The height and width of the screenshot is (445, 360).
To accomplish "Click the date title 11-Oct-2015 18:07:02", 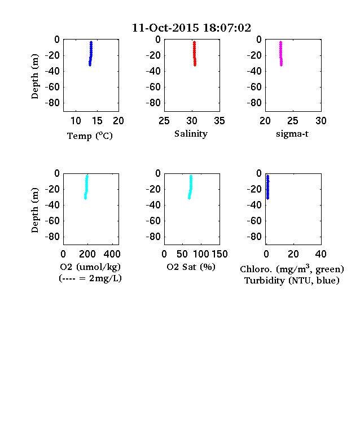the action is [x=191, y=28].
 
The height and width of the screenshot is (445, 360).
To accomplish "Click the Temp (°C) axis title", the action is [x=90, y=136].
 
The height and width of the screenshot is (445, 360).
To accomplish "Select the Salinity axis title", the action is [x=191, y=134].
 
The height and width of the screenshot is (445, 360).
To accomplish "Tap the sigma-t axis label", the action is [x=292, y=134].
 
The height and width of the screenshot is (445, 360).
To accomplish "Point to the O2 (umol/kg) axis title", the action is [x=90, y=267].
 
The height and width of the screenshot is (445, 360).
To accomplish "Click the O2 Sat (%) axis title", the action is [x=191, y=267].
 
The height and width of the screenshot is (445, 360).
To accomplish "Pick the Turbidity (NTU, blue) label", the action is [x=292, y=281].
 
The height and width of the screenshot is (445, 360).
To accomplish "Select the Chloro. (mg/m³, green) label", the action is [x=292, y=269].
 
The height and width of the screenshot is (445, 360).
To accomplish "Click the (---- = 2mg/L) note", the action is [x=90, y=278].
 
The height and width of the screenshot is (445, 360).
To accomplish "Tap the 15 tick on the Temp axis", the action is [x=97, y=121].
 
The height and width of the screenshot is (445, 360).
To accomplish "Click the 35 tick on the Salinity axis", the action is [x=219, y=121].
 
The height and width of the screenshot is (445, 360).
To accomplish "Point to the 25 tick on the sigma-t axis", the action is [x=293, y=121].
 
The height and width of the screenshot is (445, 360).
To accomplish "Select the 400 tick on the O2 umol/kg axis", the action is [x=112, y=254].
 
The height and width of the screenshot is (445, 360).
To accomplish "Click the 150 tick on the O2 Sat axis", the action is [x=219, y=254].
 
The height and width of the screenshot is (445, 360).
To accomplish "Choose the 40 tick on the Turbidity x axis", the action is [x=321, y=254].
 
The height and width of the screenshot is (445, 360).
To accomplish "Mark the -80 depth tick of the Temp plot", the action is [x=52, y=103].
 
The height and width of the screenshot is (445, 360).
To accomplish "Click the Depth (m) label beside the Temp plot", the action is [x=34, y=76].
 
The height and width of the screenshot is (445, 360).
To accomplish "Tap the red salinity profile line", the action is [x=195, y=54].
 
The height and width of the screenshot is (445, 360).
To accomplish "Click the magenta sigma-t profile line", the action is [x=281, y=54].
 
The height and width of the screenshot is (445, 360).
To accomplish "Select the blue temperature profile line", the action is [x=91, y=54].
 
